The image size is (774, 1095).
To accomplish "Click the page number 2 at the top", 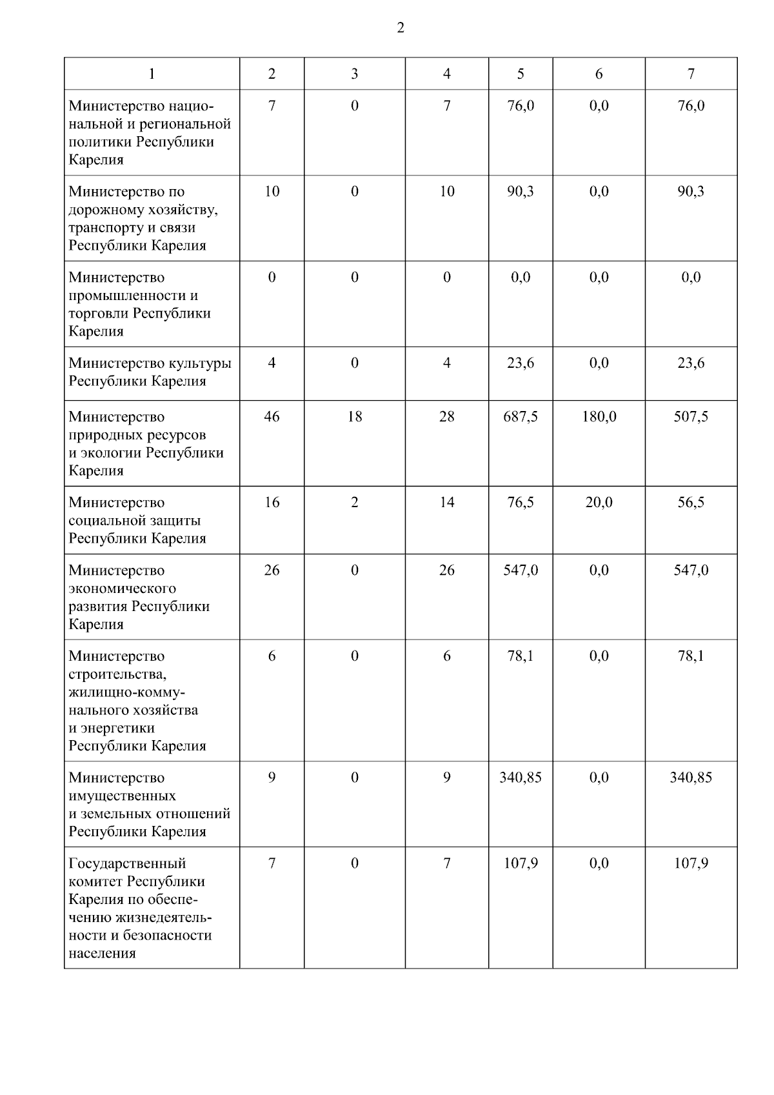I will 401,28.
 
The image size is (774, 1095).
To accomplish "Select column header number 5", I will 521,74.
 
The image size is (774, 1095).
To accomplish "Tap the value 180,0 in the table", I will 599,417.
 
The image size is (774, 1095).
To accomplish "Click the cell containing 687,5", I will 521,417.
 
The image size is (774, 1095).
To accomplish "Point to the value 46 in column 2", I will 272,417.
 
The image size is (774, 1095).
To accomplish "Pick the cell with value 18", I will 355,417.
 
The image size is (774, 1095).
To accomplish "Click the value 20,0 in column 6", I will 599,503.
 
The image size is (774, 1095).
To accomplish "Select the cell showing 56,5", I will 691,503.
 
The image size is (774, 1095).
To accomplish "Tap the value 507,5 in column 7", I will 691,417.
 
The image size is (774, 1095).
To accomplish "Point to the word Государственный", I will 127,863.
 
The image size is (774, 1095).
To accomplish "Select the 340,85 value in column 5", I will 521,778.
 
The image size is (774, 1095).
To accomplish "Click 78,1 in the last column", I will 691,656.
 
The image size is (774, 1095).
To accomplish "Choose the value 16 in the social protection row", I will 272,503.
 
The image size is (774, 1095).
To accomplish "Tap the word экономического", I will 122,588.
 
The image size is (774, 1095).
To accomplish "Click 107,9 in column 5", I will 521,863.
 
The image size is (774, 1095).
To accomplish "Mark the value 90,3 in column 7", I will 691,192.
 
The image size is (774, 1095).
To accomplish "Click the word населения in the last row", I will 102,954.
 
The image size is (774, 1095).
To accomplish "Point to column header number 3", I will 355,74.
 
